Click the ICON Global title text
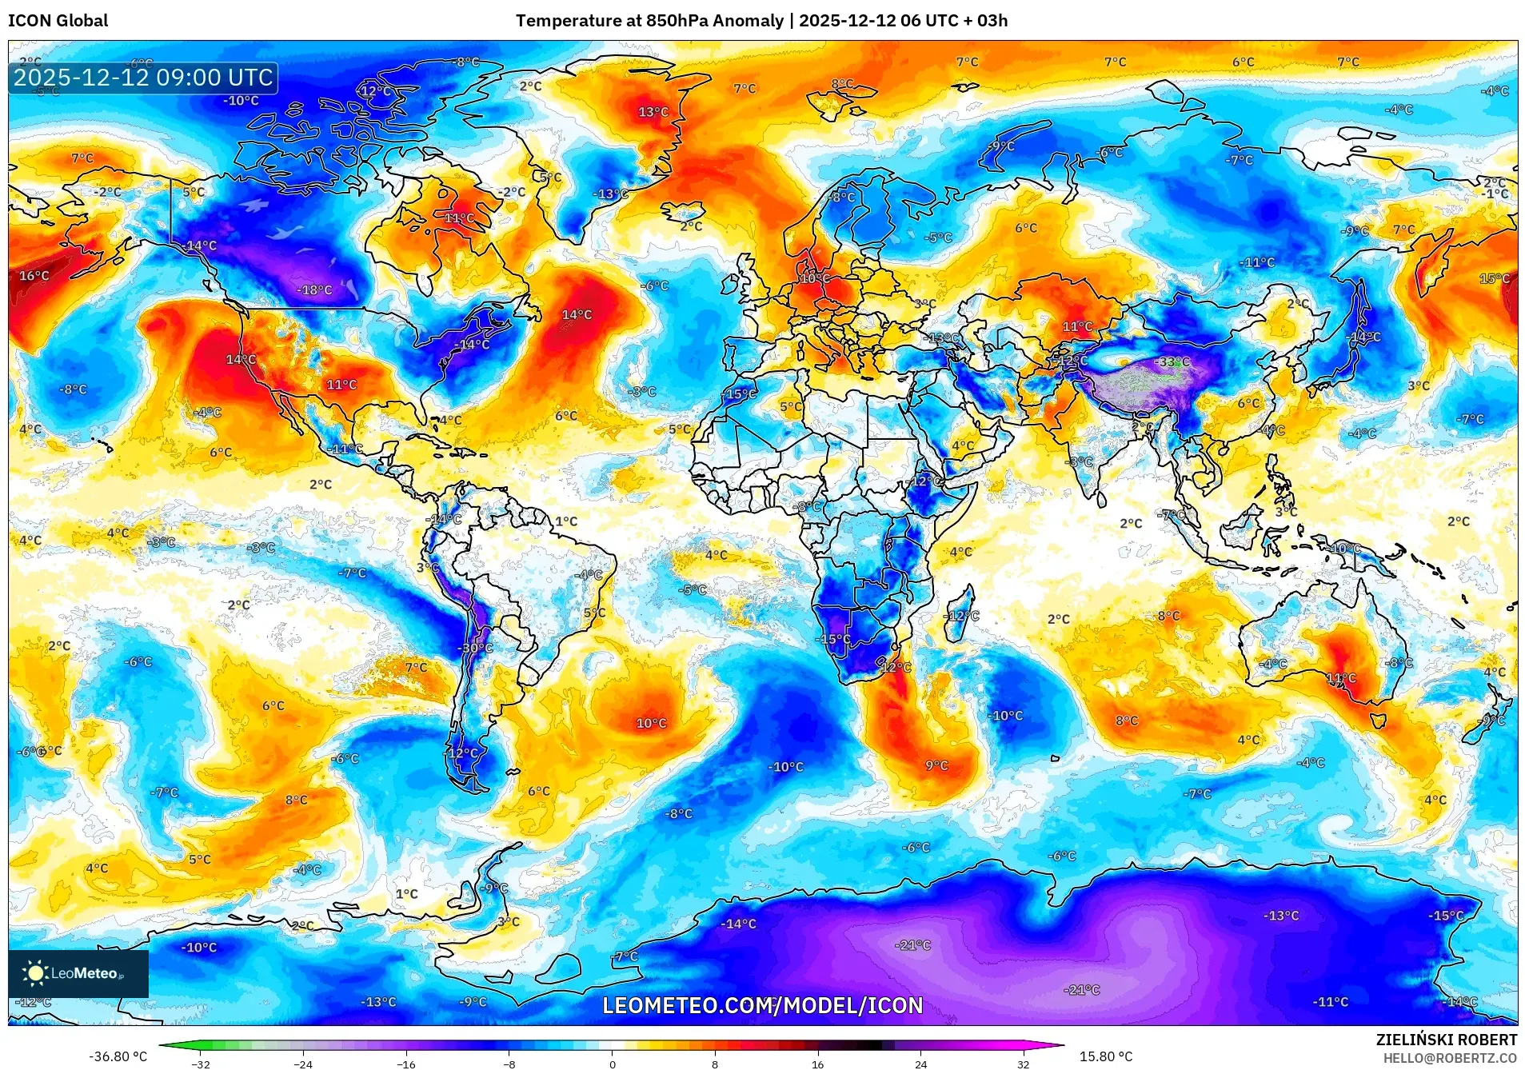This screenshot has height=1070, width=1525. (58, 21)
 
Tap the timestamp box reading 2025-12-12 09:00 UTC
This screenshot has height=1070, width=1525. (143, 78)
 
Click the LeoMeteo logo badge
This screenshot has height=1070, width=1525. (78, 973)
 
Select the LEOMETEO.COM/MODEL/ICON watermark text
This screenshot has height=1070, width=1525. (762, 1005)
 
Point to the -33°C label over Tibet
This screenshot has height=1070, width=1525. (1173, 362)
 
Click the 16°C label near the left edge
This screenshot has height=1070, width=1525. (34, 276)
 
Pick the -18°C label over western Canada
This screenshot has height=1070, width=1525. (314, 290)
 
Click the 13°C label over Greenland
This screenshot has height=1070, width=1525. (653, 112)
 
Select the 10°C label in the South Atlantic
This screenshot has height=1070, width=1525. (651, 723)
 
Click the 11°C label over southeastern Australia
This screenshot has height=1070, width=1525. (1341, 678)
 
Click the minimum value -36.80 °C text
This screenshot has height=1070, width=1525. (118, 1056)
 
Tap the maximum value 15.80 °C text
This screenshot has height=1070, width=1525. (1106, 1056)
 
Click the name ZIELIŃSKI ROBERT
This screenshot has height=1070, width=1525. (1446, 1040)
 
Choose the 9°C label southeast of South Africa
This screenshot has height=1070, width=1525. (936, 765)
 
